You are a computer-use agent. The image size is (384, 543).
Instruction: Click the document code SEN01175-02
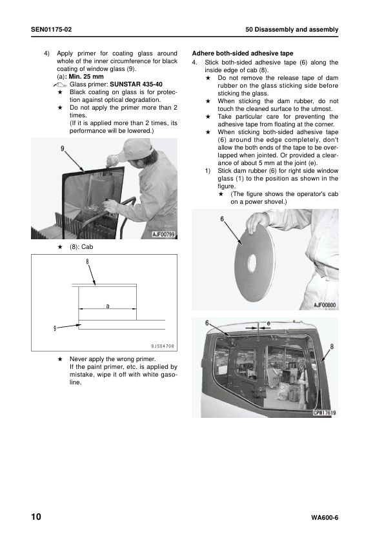pos(51,30)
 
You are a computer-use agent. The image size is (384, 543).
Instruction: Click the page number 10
pos(36,517)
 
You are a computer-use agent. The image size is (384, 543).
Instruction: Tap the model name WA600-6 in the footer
pos(325,518)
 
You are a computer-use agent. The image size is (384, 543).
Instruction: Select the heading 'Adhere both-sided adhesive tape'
pos(243,54)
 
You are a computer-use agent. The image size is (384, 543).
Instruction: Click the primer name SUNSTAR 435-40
pos(136,84)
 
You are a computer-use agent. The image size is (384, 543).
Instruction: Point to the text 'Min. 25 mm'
pos(86,77)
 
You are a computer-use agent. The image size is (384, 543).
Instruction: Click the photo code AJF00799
pos(163,235)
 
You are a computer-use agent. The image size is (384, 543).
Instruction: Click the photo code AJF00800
pos(325,305)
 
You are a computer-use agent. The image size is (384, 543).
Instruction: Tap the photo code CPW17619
pos(325,413)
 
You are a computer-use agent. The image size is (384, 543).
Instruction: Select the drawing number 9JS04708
pos(163,346)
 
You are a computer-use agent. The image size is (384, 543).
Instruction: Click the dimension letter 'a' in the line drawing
pos(107,306)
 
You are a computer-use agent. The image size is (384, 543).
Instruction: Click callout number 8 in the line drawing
pos(88,261)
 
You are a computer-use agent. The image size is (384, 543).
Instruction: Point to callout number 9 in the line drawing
pos(55,328)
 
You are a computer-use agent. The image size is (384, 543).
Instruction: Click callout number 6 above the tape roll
pos(222,219)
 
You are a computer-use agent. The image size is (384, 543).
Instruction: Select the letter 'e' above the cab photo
pos(268,323)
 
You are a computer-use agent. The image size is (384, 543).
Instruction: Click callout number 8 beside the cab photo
pos(332,346)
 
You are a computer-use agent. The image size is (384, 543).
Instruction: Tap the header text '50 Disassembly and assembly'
pos(292,30)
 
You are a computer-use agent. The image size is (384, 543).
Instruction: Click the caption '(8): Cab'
pos(81,247)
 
